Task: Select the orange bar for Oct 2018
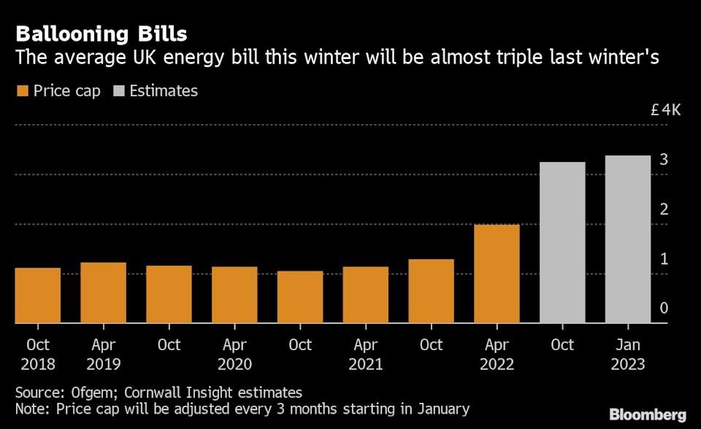coord(37,295)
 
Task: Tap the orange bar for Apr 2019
coord(103,293)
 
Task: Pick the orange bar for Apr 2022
coord(497,274)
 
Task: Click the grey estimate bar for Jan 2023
coord(628,239)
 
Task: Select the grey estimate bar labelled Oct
coord(562,242)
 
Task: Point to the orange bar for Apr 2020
coord(234,295)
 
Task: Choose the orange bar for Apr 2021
coord(365,295)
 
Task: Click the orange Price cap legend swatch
coord(22,91)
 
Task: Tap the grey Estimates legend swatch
coord(118,91)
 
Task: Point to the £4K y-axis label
coord(665,110)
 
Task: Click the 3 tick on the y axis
coord(664,160)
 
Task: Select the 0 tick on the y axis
coord(664,309)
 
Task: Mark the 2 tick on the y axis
coord(664,209)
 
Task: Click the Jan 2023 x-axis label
coord(628,354)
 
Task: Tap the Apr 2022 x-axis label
coord(497,354)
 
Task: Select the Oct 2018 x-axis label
coord(37,354)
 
